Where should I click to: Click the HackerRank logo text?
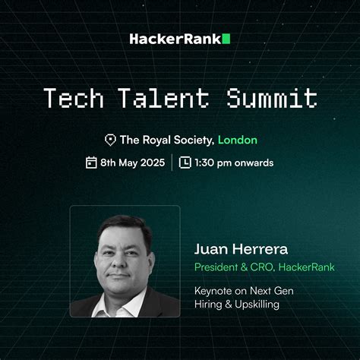(x=175, y=38)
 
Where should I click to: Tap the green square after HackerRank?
(x=226, y=38)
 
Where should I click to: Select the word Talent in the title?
(x=163, y=98)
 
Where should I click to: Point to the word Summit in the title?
(x=269, y=98)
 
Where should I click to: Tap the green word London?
(x=237, y=140)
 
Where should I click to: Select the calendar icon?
(x=91, y=162)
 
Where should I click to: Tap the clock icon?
(x=185, y=162)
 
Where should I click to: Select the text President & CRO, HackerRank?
(x=264, y=267)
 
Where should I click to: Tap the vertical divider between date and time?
(x=172, y=162)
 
